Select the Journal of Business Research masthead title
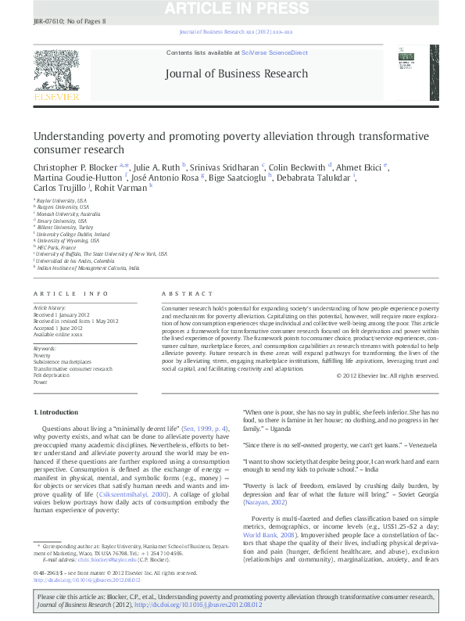point(237,74)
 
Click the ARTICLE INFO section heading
point(71,293)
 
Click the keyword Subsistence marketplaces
point(63,362)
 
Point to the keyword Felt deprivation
point(50,375)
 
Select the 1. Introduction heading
point(55,411)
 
